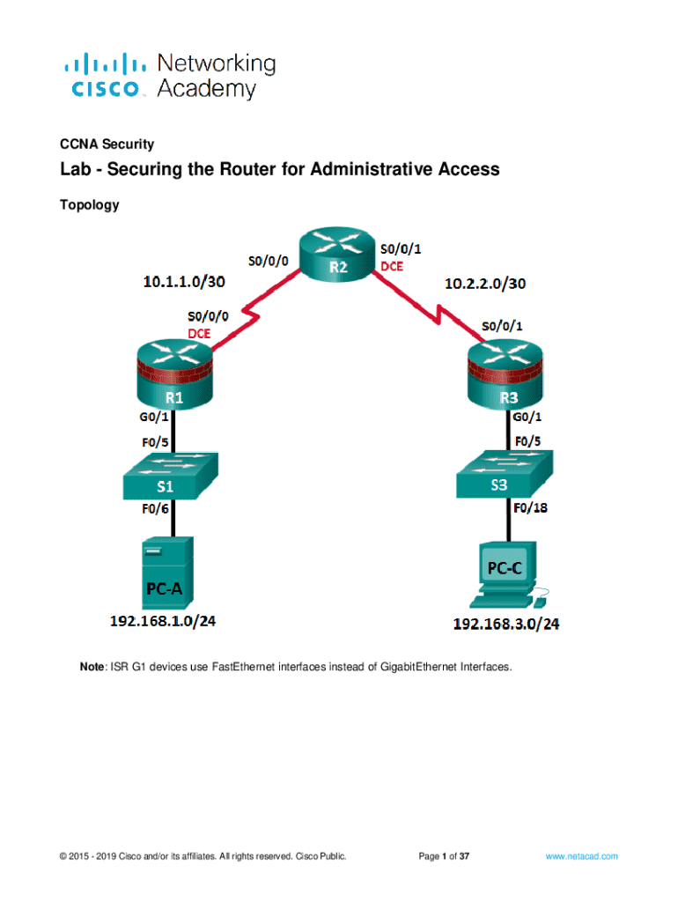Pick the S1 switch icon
173,477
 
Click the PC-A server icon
165,573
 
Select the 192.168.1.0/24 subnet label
163,622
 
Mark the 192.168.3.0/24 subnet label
506,625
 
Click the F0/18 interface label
530,507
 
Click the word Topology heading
89,205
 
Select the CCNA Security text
107,144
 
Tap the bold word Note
92,668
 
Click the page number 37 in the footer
464,855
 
